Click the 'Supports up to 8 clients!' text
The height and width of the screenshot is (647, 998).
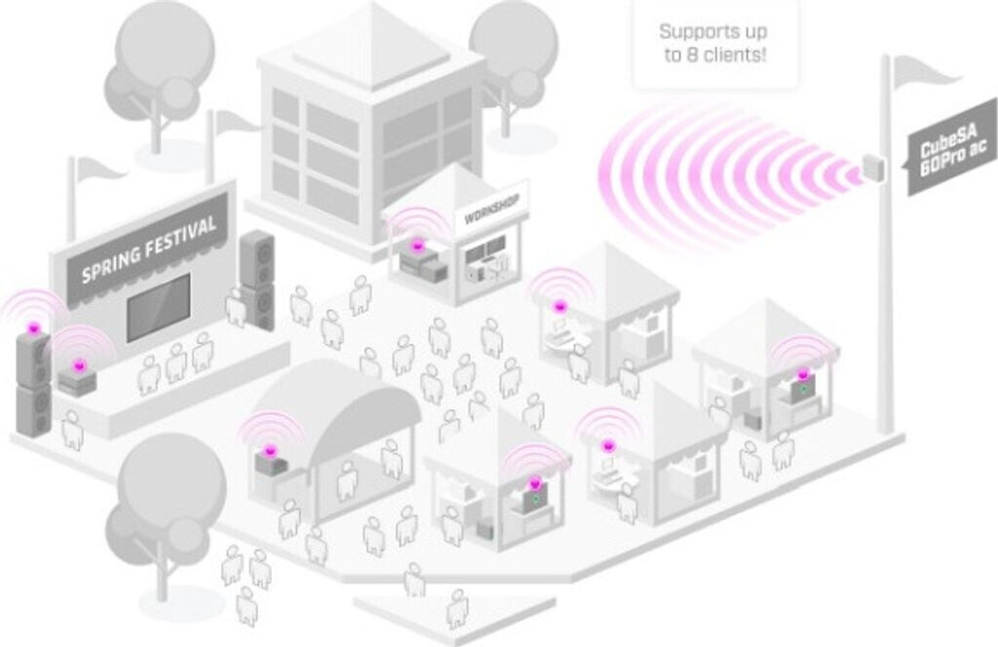tap(714, 43)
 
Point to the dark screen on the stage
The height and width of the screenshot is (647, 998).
tap(158, 307)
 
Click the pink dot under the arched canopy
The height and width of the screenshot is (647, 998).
tap(270, 451)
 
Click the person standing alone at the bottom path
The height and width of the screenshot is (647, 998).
tap(457, 608)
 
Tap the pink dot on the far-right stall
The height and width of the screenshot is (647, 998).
tap(803, 374)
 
